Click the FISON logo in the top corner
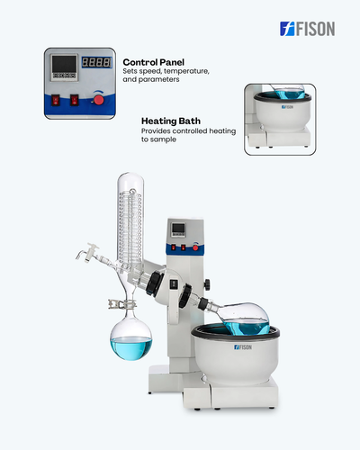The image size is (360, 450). (x=307, y=29)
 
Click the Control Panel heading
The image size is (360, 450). (x=153, y=62)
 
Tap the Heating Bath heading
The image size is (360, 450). (x=171, y=121)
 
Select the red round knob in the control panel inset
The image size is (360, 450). (x=98, y=100)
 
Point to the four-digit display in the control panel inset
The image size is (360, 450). (x=96, y=62)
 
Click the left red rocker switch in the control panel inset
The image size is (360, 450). (x=56, y=100)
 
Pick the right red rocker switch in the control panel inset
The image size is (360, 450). (x=74, y=100)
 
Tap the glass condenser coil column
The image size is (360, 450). (x=130, y=219)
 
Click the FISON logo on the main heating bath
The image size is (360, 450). (x=243, y=347)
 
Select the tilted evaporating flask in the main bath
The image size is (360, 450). (x=245, y=319)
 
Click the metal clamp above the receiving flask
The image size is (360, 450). (x=121, y=304)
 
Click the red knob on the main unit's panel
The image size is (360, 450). (x=195, y=247)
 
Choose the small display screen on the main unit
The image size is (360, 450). (x=178, y=229)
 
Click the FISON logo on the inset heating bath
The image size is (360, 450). (x=287, y=107)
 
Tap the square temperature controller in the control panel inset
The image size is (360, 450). (x=64, y=67)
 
